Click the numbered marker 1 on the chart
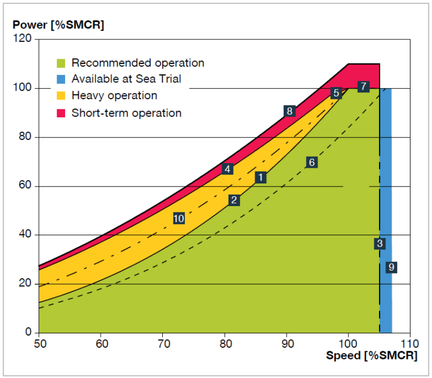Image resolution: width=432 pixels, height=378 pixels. (260, 178)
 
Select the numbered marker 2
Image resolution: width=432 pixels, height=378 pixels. (234, 200)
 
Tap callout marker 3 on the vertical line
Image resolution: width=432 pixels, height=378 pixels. (380, 244)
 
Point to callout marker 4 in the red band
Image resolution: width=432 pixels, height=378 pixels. (227, 169)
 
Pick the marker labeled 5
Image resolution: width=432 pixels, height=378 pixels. (335, 93)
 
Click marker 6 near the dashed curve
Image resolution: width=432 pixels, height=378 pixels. (311, 163)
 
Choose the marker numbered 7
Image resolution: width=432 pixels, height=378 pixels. (363, 87)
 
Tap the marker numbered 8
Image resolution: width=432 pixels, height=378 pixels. (289, 111)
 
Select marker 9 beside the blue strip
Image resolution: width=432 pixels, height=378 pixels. (391, 267)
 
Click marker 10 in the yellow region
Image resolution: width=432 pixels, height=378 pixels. (178, 218)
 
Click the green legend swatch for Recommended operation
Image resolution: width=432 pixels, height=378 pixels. (60, 63)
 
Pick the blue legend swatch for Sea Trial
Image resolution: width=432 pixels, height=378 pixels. (60, 79)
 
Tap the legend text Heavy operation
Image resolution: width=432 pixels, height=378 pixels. (114, 96)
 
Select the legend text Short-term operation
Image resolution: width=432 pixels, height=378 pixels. (126, 113)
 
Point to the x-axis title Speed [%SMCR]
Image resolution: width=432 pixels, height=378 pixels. (371, 356)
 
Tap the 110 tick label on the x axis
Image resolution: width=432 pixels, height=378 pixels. (410, 343)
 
